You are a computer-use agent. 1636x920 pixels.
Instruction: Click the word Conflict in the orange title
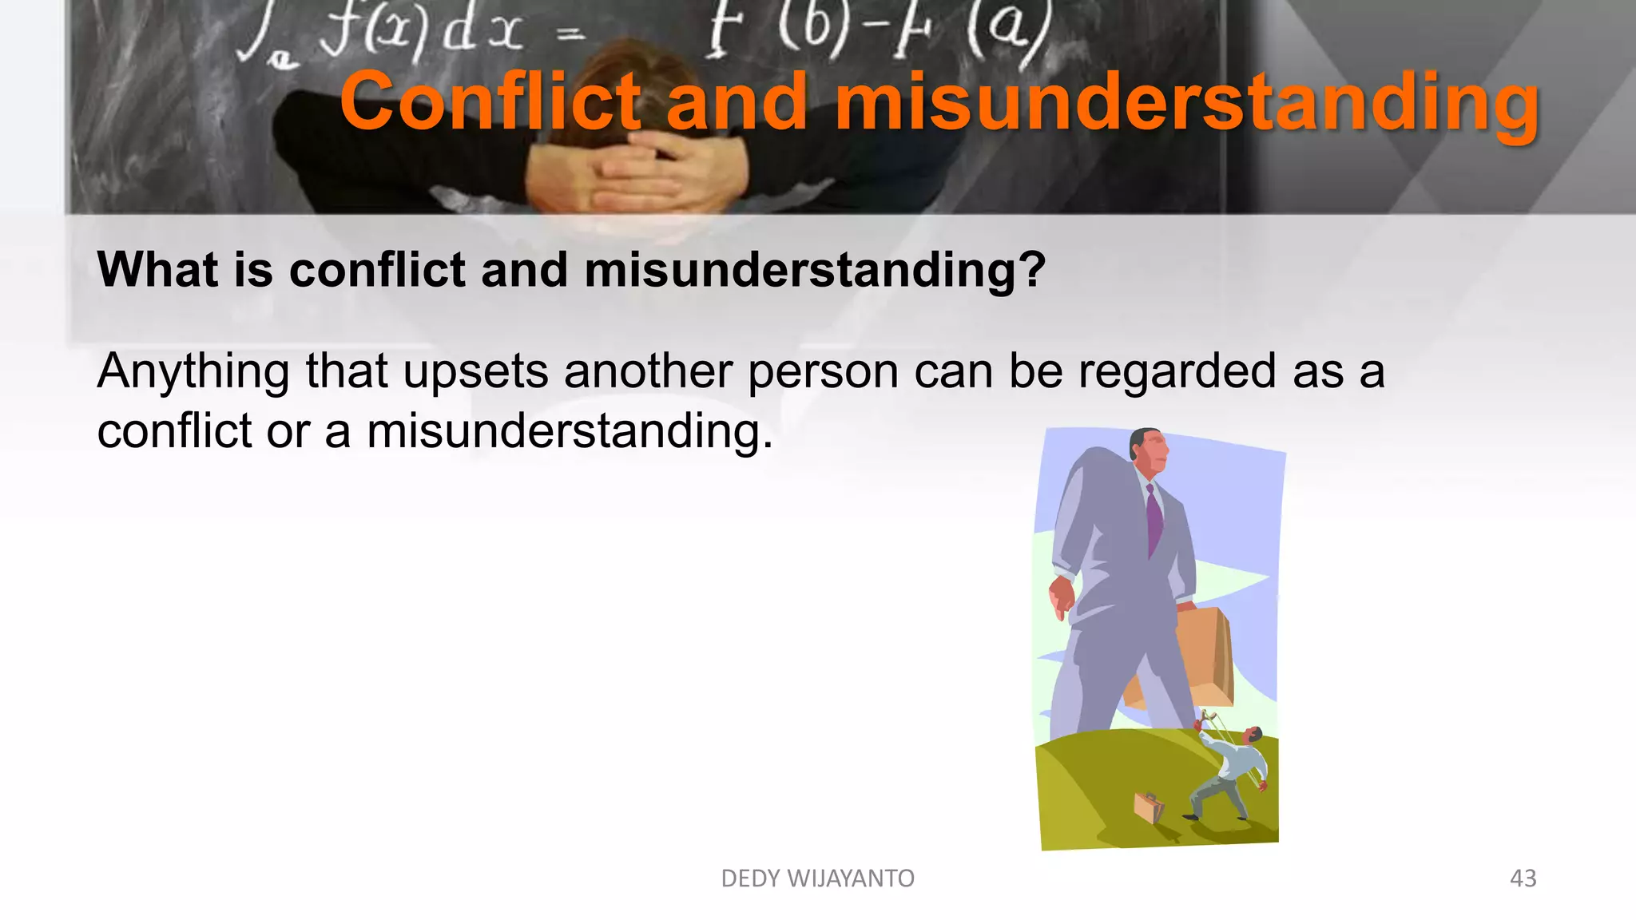click(x=490, y=102)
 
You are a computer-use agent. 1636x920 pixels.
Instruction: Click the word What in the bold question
click(x=157, y=270)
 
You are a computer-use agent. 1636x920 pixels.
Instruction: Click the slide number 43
click(x=1523, y=878)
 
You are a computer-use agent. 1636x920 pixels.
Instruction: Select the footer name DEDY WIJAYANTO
click(x=817, y=878)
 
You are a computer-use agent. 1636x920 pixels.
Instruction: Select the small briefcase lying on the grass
click(x=1149, y=807)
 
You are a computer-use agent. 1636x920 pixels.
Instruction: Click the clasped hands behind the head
click(x=635, y=172)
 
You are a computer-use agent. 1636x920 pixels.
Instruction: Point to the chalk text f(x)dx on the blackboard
click(x=419, y=32)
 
